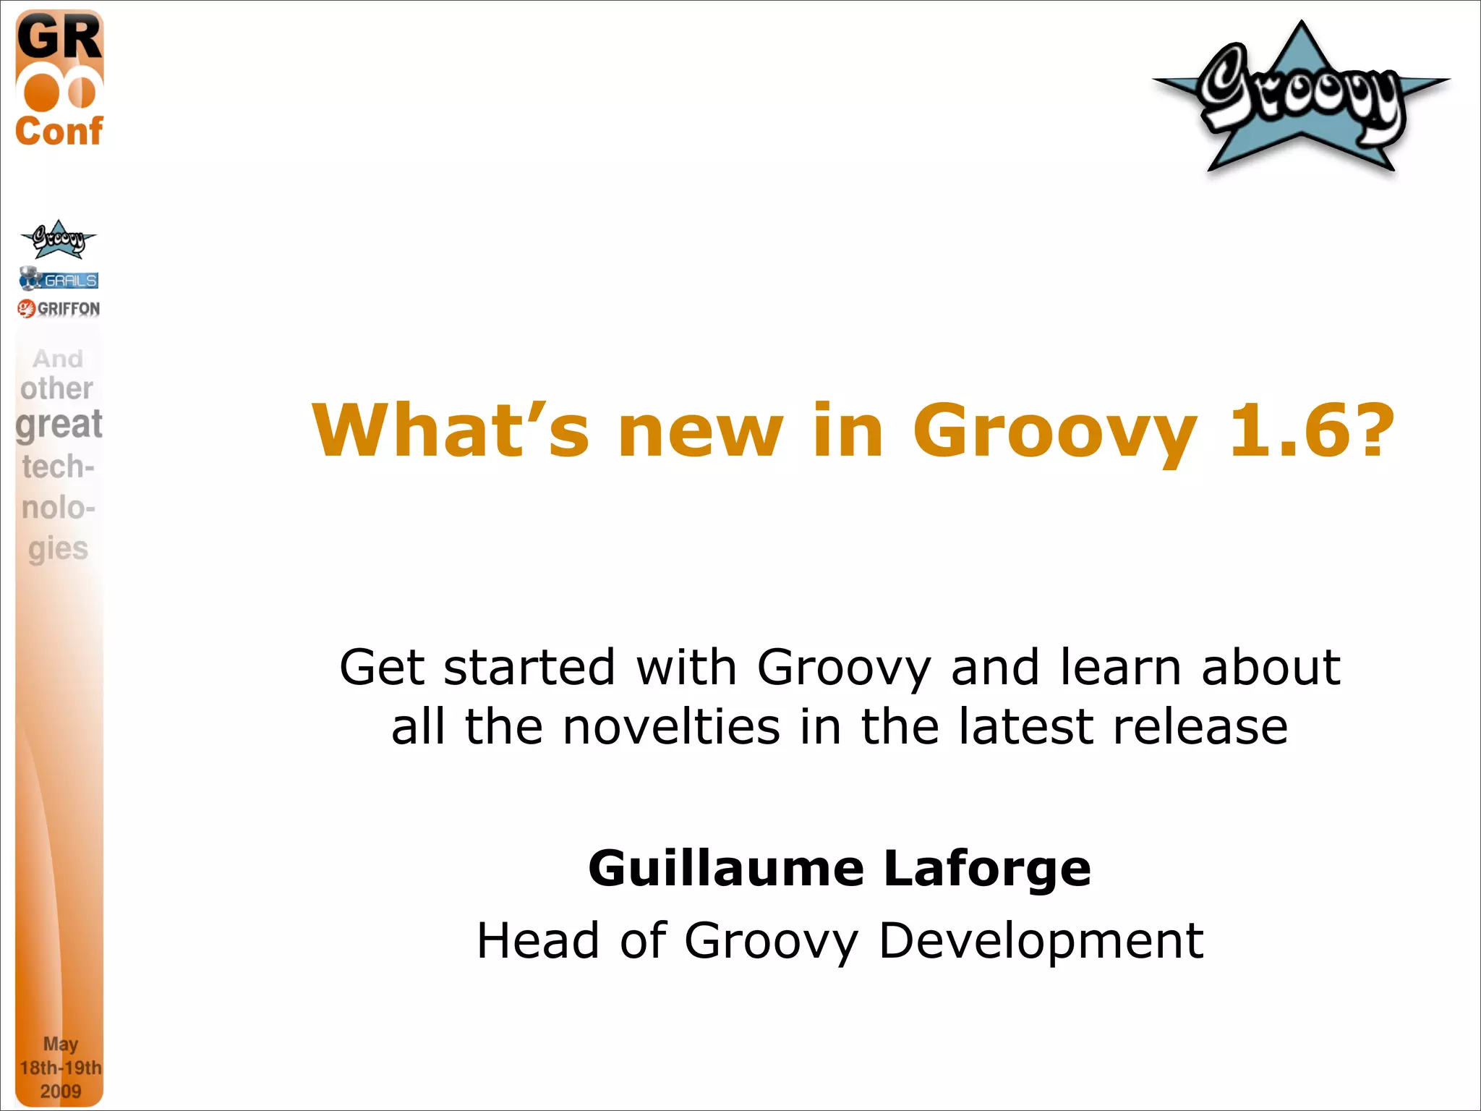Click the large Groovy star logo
pos(1301,98)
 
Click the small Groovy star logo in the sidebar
pos(58,239)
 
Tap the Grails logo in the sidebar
pos(59,279)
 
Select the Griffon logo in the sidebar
pos(59,309)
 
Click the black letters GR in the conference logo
pos(59,38)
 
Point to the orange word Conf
pos(59,131)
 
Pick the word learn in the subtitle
pos(1119,666)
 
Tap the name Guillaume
pos(726,868)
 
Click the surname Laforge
pos(987,869)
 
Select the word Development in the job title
pos(1041,942)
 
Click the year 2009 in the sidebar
pos(61,1091)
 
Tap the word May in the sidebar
pos(61,1044)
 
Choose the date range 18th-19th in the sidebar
pos(61,1068)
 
